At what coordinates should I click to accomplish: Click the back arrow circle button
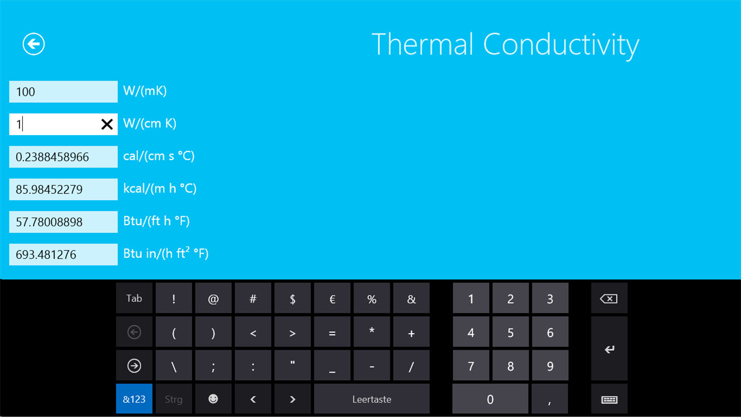point(33,44)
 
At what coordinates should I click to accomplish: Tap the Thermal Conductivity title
point(505,45)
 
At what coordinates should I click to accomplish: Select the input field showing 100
point(63,92)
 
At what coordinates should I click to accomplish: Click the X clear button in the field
point(106,124)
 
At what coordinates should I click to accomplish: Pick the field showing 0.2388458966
point(63,157)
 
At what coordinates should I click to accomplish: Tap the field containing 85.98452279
point(63,189)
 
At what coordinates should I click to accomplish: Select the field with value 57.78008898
point(63,222)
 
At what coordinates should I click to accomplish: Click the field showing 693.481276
point(63,254)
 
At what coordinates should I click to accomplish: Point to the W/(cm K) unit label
point(150,123)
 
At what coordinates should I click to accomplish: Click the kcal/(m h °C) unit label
point(159,189)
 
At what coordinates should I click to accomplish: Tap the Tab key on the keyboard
point(134,298)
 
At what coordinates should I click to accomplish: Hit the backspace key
point(609,299)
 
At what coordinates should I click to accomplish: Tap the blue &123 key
point(134,399)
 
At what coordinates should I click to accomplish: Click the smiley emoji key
point(213,399)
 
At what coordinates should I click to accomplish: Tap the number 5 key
point(510,333)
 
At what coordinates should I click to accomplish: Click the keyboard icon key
point(609,399)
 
